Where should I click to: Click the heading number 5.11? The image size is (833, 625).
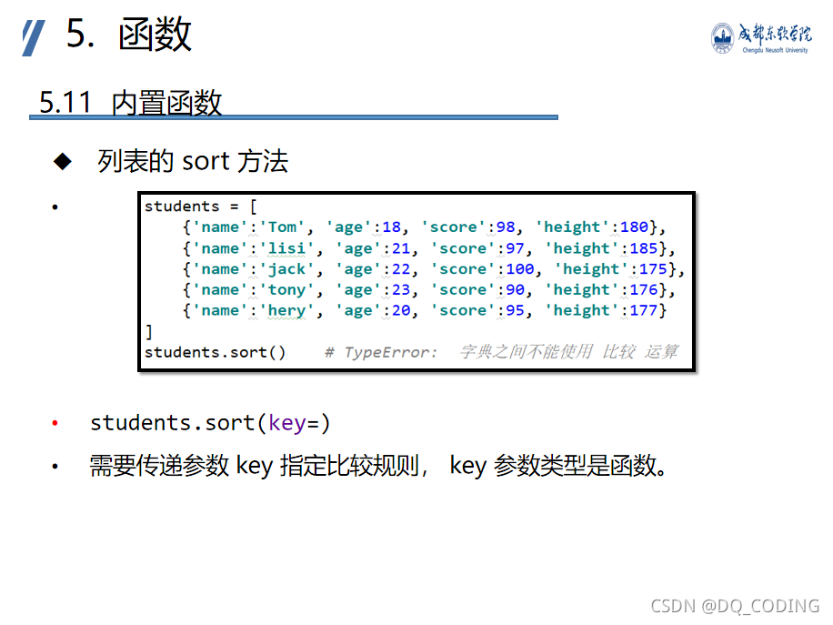point(65,102)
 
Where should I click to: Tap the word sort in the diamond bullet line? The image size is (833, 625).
point(206,162)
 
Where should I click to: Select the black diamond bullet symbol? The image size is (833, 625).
point(62,162)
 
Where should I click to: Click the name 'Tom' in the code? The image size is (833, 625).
point(283,227)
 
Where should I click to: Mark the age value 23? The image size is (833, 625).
point(393,290)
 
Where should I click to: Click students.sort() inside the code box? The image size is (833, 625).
point(215,352)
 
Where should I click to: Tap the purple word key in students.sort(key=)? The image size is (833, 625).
point(287,423)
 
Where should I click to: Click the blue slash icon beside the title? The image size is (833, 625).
point(34,37)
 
